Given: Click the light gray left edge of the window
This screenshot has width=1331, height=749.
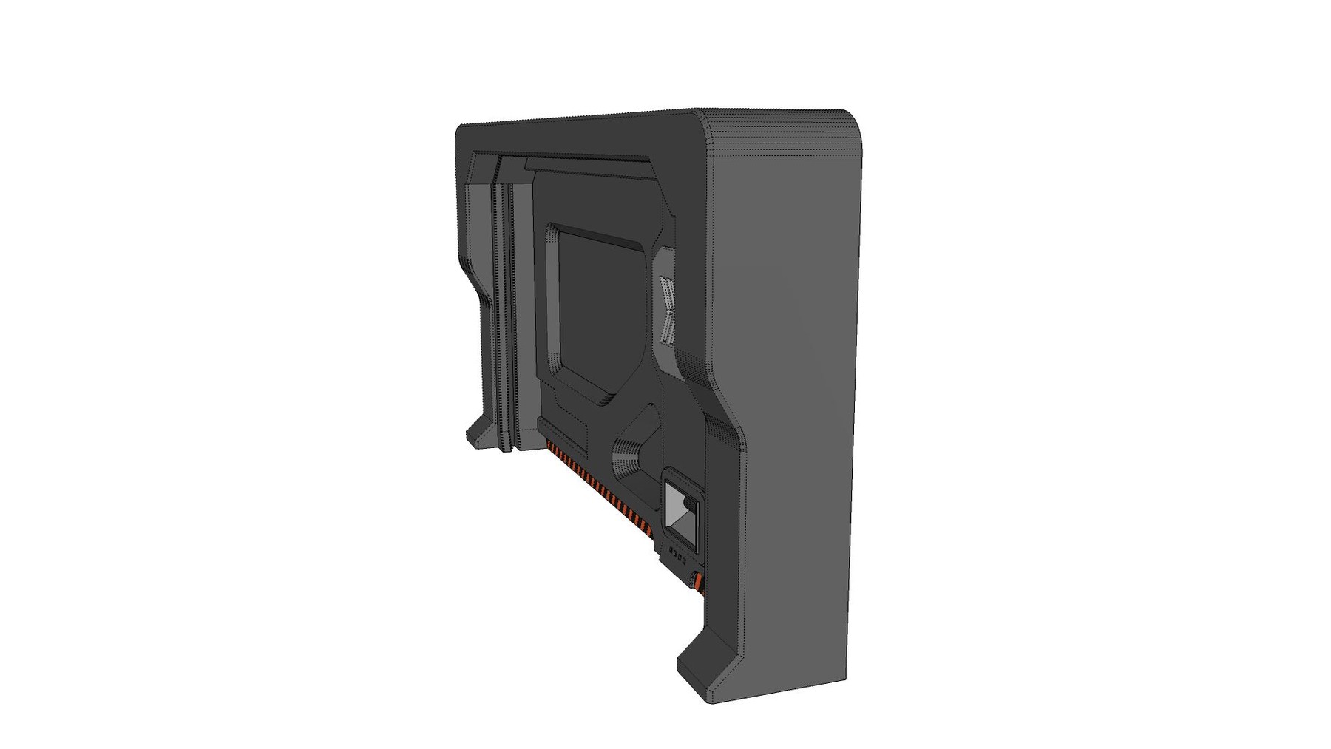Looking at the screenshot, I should point(552,296).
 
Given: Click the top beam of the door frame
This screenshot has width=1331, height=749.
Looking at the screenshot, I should point(577,133).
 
